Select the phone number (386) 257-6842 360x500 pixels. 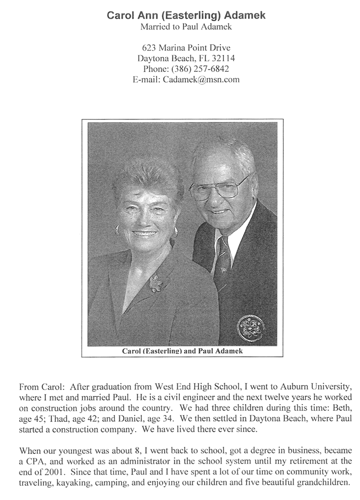point(200,69)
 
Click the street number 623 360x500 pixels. point(149,48)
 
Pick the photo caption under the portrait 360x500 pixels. point(182,351)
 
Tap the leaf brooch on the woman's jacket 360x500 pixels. point(156,283)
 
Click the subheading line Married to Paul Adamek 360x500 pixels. point(186,27)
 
